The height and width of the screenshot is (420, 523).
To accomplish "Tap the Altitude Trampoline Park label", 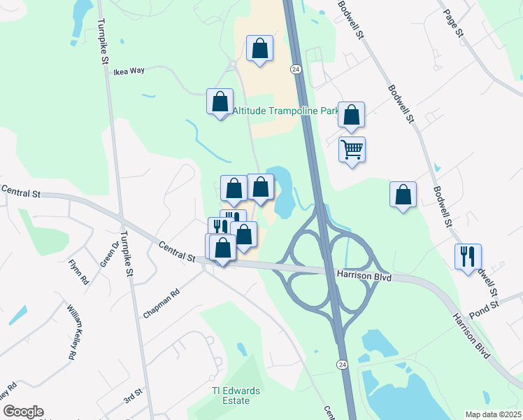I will coord(285,111).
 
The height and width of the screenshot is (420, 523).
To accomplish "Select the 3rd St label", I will coord(133,398).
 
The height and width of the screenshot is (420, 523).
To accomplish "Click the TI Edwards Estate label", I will coord(231,395).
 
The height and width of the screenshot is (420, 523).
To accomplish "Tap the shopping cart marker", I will coord(352,148).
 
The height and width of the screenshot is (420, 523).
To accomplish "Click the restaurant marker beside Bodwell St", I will coord(468,255).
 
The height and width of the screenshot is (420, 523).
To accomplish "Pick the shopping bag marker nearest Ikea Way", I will coord(220,101).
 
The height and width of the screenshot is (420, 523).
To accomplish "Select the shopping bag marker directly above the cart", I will coord(351,115).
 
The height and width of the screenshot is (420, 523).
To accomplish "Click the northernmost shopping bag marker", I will coord(259,48).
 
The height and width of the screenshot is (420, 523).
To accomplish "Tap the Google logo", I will coord(22,412).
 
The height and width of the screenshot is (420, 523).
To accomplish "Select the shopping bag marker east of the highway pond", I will coord(403,194).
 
